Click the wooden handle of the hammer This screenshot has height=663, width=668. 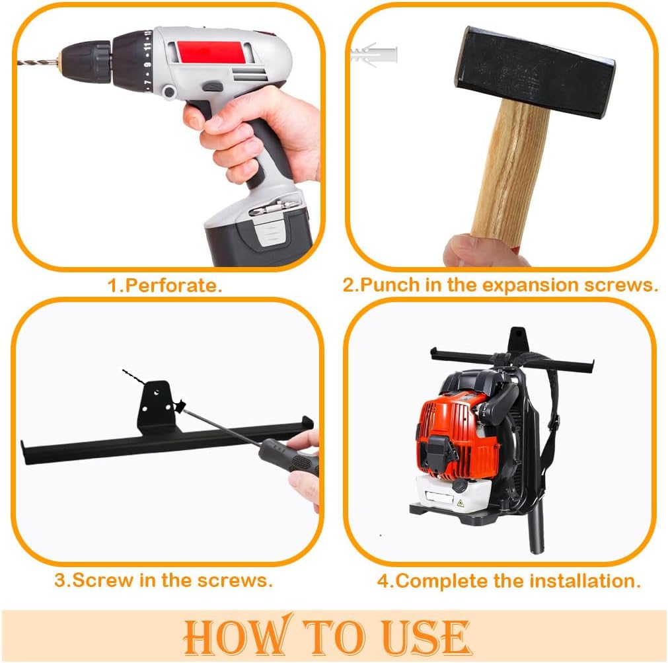pos(505,172)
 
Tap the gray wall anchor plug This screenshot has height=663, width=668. pos(374,54)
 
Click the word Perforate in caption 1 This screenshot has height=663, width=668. pos(173,286)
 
